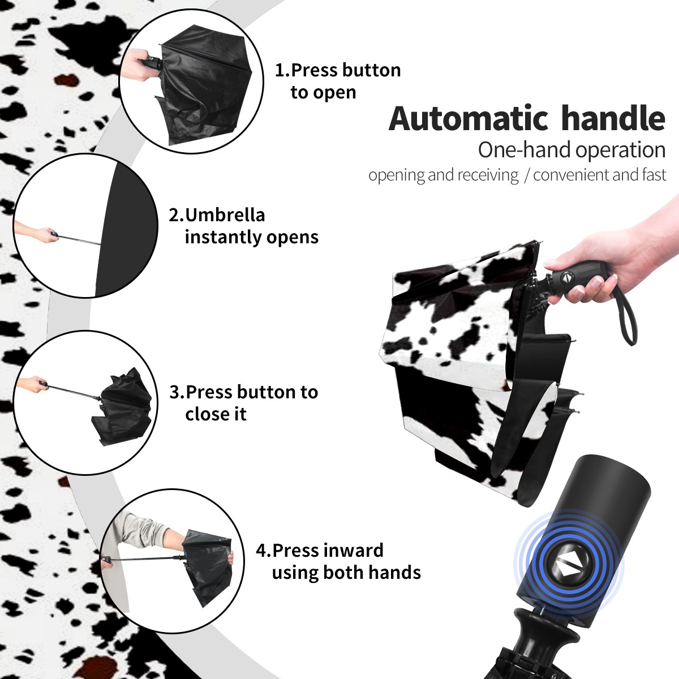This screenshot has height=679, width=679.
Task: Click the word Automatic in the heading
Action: pos(469,119)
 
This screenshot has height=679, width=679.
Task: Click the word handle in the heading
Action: pos(613,118)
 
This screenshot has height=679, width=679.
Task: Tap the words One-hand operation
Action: pos(571,150)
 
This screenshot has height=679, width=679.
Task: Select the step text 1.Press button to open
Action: pos(338,81)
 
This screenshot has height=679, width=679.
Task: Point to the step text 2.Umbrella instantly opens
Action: pos(243,226)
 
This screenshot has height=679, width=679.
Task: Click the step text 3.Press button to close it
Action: pos(243,403)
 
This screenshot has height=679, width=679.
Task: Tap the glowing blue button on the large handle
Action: pos(569,568)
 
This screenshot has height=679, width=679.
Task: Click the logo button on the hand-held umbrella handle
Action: pos(565,277)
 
